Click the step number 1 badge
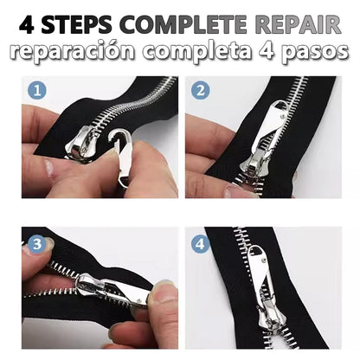pyautogui.click(x=35, y=89)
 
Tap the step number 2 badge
pyautogui.click(x=199, y=89)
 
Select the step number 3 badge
pyautogui.click(x=35, y=244)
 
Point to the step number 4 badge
pyautogui.click(x=201, y=244)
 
